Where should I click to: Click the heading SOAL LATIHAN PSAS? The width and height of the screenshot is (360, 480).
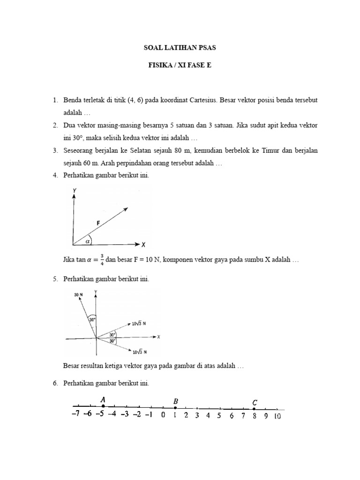[180, 48]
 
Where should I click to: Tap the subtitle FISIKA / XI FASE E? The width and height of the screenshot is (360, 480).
[180, 66]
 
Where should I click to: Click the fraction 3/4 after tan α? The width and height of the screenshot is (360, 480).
[102, 260]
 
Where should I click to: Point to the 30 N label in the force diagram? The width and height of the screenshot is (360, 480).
[78, 295]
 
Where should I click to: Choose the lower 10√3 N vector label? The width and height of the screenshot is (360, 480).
[141, 352]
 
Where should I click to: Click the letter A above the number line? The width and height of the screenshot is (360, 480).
[102, 399]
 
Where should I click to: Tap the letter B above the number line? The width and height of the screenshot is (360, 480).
[175, 401]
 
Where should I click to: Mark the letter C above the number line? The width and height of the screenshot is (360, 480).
[255, 402]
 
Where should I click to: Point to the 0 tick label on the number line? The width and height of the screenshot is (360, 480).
[163, 415]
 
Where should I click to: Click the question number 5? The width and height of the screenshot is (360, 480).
[55, 279]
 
